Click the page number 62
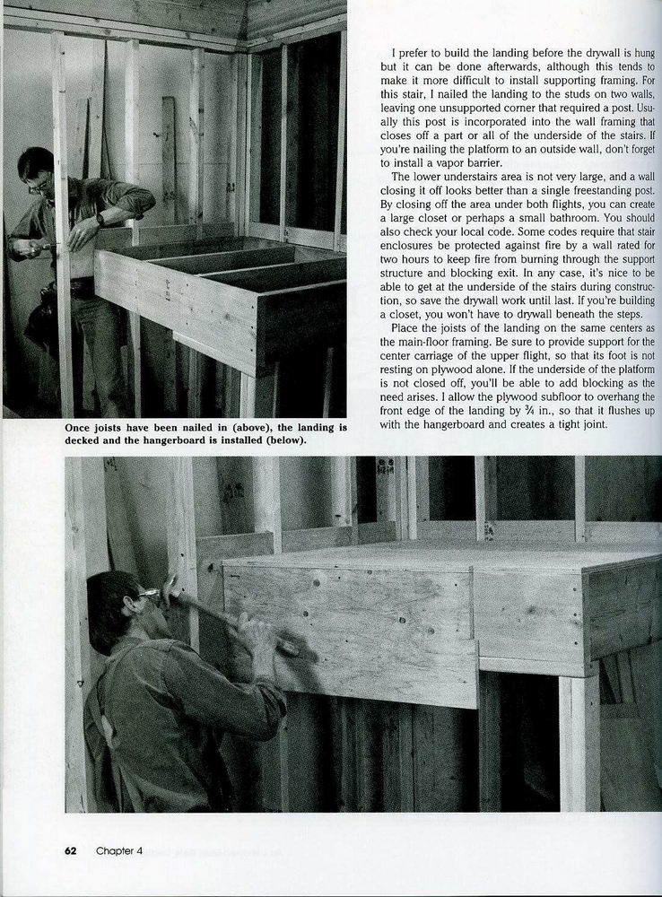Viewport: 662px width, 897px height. (x=70, y=852)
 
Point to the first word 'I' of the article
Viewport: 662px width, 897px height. (x=395, y=54)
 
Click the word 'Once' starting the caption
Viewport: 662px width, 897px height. (x=80, y=429)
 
